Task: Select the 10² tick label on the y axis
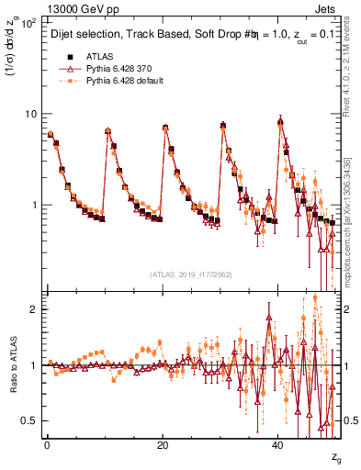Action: (28, 22)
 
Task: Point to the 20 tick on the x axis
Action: (163, 445)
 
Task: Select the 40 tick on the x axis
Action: (278, 445)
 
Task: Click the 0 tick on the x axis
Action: (47, 445)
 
